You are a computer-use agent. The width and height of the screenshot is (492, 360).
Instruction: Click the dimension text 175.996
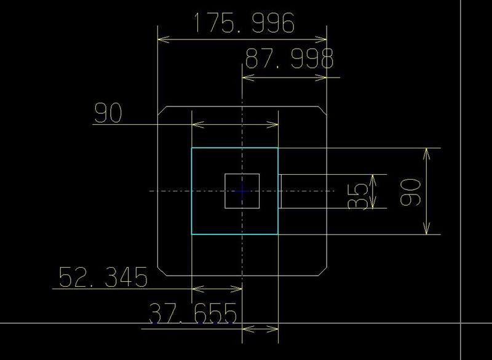[x=244, y=23]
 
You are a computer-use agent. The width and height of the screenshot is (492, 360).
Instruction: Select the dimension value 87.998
[x=289, y=59]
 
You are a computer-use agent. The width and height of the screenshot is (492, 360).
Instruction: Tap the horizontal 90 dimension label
[x=108, y=113]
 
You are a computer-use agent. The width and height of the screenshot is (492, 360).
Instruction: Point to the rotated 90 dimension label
[x=411, y=191]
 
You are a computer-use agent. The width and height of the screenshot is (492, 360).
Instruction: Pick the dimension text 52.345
[x=103, y=278]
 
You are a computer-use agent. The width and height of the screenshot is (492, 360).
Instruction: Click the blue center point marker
[x=242, y=191]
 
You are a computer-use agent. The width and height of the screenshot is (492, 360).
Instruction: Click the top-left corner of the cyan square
[x=192, y=148]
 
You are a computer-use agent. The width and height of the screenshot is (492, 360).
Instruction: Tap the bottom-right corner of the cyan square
[x=278, y=234]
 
